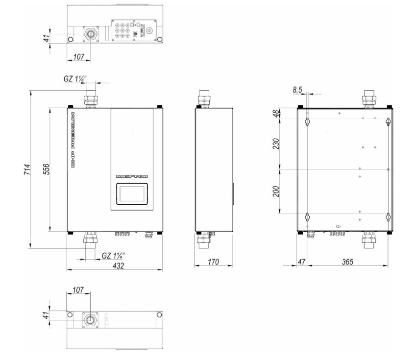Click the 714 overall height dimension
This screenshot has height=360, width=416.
tap(27, 169)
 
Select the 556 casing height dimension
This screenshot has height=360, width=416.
tap(47, 169)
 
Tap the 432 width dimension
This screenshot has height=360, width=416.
tap(118, 265)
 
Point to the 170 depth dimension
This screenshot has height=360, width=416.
tap(213, 262)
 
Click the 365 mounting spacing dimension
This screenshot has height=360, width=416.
tap(347, 262)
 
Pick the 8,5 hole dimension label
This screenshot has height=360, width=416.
tap(297, 90)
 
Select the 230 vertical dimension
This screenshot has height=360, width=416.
tap(276, 144)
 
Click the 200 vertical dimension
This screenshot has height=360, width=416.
tap(276, 192)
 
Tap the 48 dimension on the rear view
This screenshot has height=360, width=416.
tap(276, 113)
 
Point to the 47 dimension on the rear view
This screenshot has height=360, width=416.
tap(301, 262)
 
